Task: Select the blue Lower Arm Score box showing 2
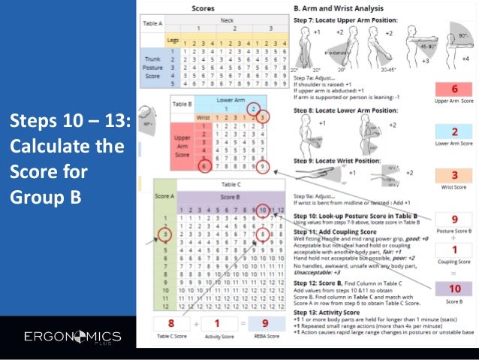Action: [x=455, y=132]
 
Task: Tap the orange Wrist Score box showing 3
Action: [x=455, y=177]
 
